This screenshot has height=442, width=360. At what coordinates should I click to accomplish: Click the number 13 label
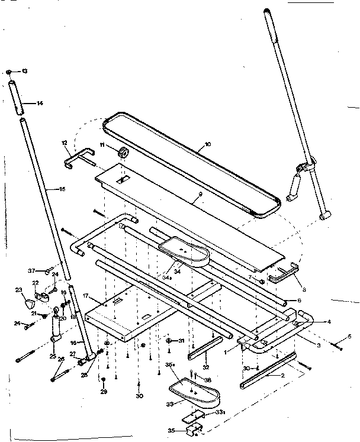pyautogui.click(x=24, y=71)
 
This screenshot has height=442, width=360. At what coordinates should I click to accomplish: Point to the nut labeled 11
pyautogui.click(x=123, y=153)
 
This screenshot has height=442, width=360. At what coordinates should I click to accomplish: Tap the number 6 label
pyautogui.click(x=299, y=301)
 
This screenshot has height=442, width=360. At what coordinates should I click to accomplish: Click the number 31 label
pyautogui.click(x=181, y=341)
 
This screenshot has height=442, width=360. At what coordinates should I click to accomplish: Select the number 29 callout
pyautogui.click(x=103, y=392)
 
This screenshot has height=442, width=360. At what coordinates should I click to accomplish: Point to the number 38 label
pyautogui.click(x=208, y=379)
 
